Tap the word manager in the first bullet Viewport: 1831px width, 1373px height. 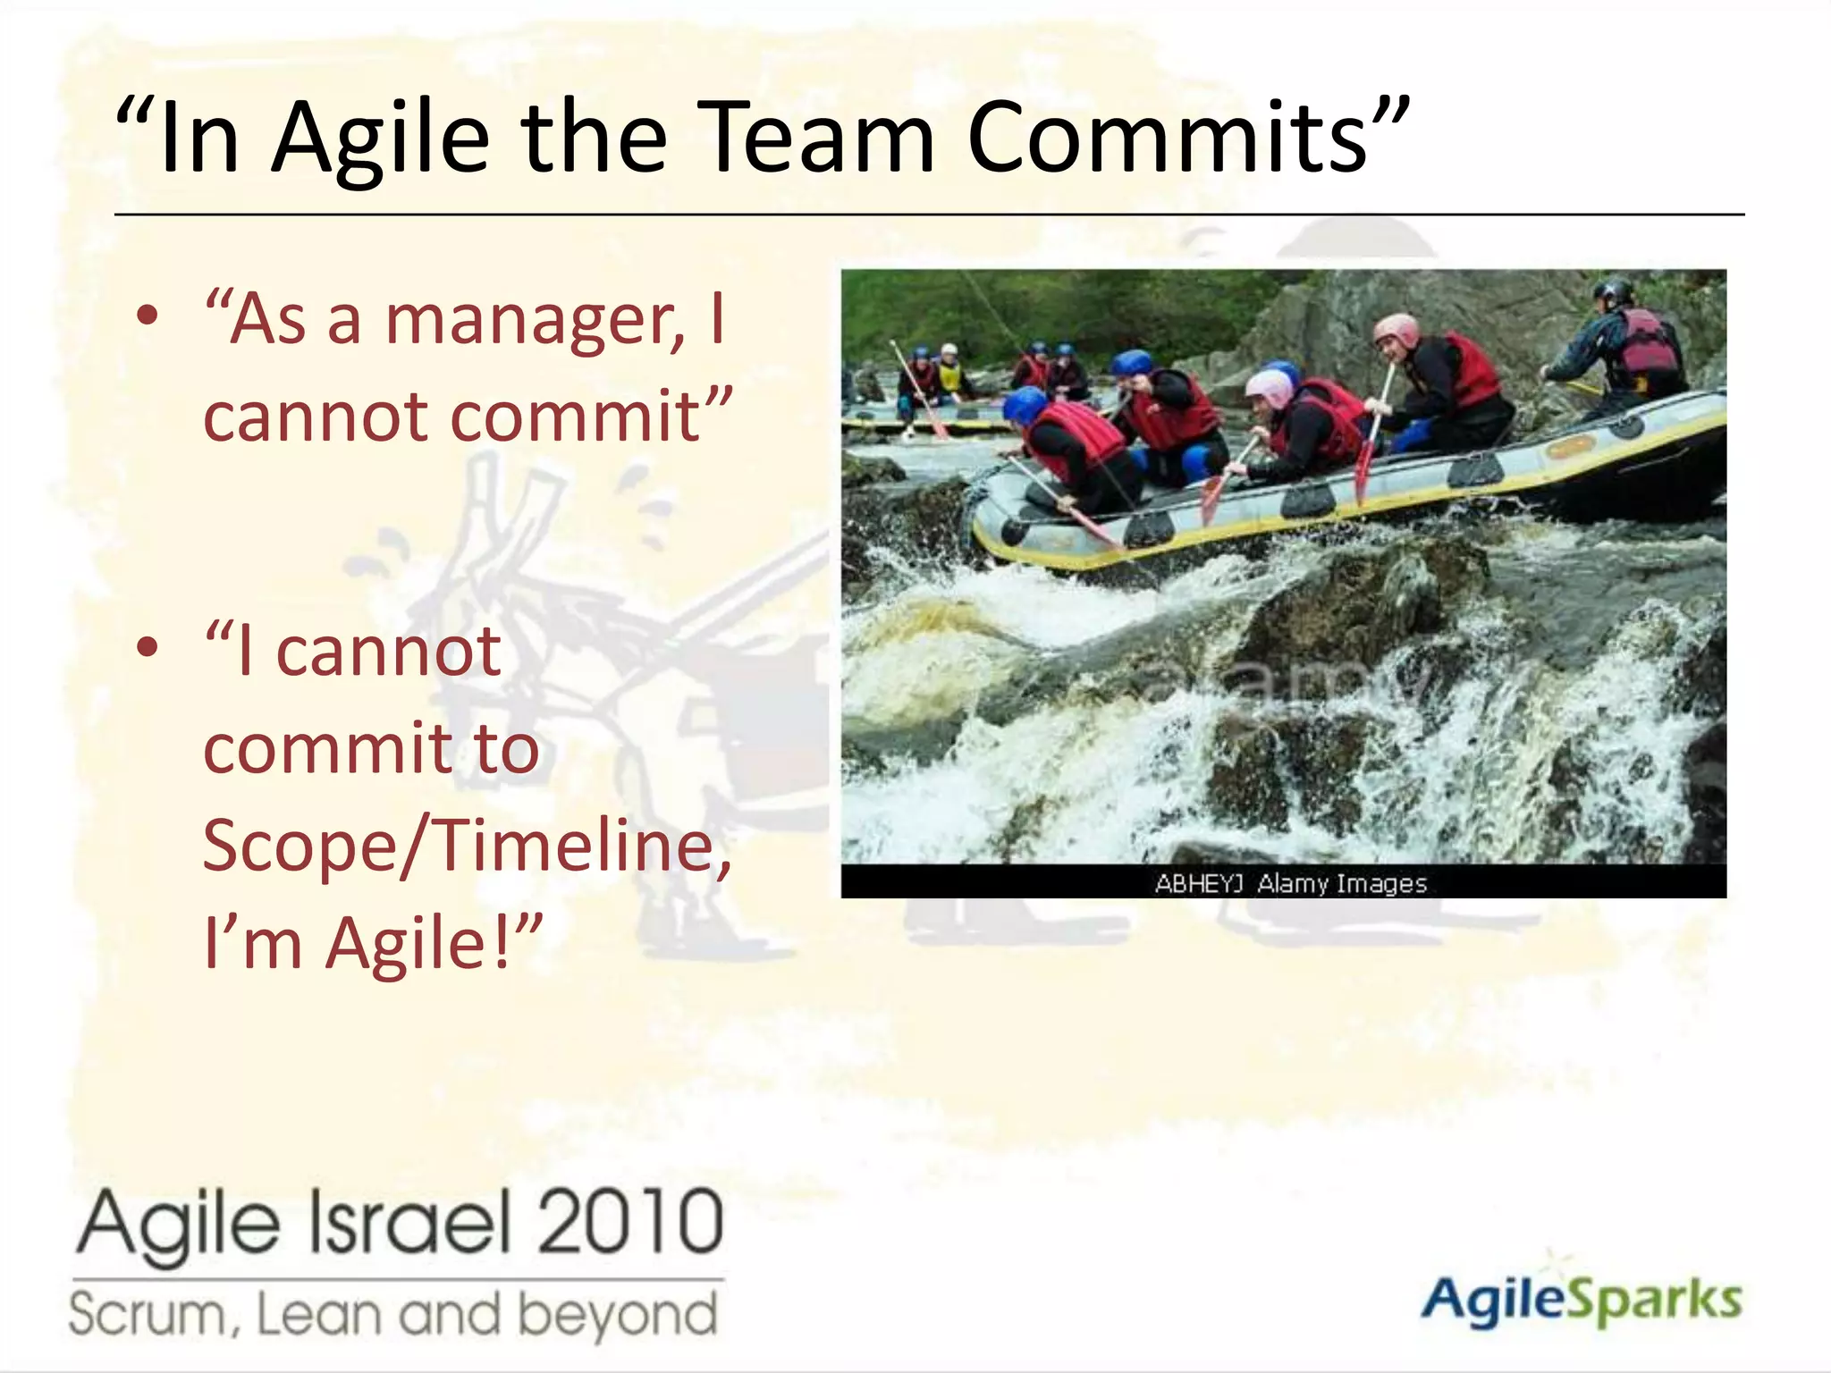point(534,320)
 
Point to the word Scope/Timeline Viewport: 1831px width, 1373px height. point(467,845)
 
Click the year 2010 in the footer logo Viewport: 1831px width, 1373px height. point(630,1221)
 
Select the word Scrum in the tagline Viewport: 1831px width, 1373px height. point(150,1315)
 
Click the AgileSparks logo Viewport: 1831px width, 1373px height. point(1580,1298)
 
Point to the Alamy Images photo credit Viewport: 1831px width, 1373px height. point(1290,883)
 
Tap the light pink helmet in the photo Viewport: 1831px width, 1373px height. point(1269,386)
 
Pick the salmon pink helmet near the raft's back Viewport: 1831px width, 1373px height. point(1396,329)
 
